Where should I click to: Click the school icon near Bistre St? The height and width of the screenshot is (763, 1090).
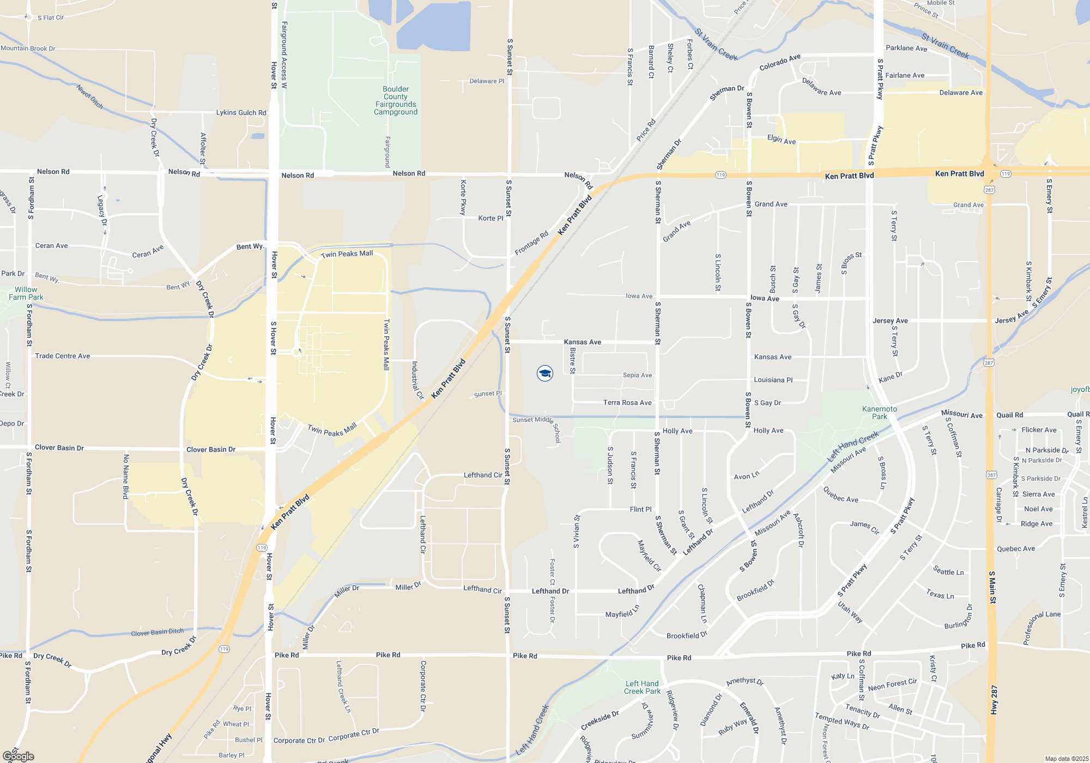pos(545,373)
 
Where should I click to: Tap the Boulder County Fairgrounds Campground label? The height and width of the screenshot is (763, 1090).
pos(396,101)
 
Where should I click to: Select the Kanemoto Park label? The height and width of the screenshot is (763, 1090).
pos(880,413)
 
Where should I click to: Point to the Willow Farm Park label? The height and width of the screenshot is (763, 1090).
pos(26,293)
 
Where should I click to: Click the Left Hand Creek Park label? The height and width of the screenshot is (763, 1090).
pos(642,687)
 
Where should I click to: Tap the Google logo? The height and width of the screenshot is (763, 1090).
pos(18,756)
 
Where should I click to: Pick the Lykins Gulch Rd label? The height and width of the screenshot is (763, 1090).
pos(241,113)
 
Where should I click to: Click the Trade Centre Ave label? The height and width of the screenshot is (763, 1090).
pos(63,356)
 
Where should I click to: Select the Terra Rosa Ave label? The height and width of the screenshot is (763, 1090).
pos(627,403)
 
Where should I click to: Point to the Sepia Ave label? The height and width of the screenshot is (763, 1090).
pos(637,375)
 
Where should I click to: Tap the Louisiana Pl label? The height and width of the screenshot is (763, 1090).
pos(773,380)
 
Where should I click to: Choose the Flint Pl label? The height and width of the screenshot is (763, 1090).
pos(640,509)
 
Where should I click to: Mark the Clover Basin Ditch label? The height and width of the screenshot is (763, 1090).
pos(158,632)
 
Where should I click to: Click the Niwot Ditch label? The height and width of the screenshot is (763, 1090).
pos(90,96)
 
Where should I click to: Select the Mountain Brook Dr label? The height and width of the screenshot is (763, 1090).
pos(28,49)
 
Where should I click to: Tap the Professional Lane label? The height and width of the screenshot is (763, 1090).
pos(1041,627)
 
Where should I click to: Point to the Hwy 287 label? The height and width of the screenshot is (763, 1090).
pos(994,700)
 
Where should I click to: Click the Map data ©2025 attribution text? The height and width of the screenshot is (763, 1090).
pos(1067,759)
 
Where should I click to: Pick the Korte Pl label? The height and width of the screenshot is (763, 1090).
pos(491,219)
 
